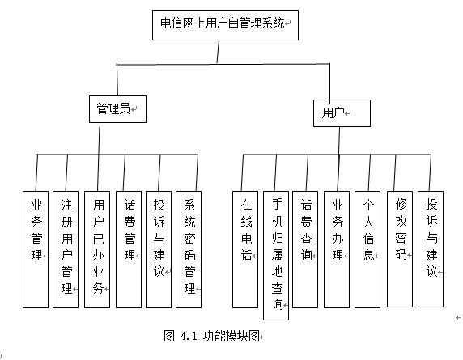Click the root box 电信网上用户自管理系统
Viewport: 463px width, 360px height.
(x=225, y=25)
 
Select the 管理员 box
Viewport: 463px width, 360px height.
(x=118, y=109)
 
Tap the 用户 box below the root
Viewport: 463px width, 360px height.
(x=342, y=113)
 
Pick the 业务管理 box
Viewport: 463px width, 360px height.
(x=36, y=249)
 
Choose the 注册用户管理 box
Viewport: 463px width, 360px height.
(x=66, y=249)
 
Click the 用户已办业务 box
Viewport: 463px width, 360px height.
(x=97, y=249)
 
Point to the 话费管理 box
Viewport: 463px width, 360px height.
(x=129, y=249)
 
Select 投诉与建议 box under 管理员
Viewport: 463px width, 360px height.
(x=159, y=249)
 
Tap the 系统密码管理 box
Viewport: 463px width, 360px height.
(x=189, y=249)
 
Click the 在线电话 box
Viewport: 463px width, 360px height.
(x=245, y=249)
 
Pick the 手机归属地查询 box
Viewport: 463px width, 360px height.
(x=276, y=256)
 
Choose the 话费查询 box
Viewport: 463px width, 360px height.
(x=305, y=249)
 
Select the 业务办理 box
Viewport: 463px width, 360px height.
(x=337, y=249)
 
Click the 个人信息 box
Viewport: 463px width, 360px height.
(x=367, y=249)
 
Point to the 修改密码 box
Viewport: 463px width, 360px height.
(x=400, y=248)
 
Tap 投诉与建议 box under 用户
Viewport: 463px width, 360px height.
(x=431, y=248)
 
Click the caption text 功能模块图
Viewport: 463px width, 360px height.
(x=231, y=336)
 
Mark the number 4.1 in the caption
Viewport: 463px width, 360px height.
(x=189, y=336)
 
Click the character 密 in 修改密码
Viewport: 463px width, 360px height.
(x=401, y=238)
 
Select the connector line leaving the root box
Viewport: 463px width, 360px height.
(x=219, y=52)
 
